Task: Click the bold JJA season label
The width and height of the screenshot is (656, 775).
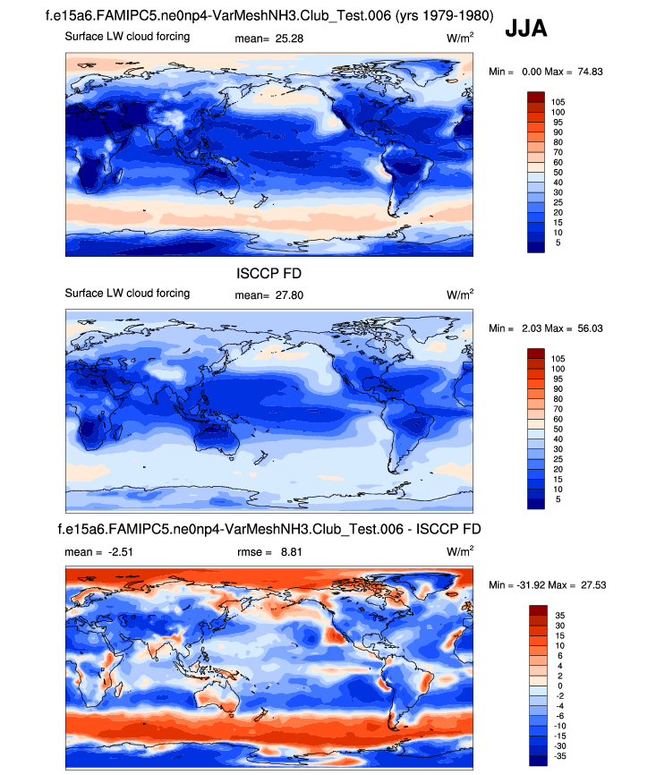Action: coord(525,28)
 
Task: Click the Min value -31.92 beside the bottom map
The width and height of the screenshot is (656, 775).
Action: coord(528,584)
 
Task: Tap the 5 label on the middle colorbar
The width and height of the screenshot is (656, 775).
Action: coord(556,499)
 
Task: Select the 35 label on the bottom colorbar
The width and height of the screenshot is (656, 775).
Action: coord(558,616)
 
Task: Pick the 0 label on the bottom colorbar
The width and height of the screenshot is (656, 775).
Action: coord(555,685)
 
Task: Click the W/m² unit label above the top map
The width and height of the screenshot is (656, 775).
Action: coord(460,38)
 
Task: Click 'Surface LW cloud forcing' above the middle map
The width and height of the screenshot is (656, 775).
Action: coord(127,294)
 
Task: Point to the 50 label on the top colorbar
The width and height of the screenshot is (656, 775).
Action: coord(558,171)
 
